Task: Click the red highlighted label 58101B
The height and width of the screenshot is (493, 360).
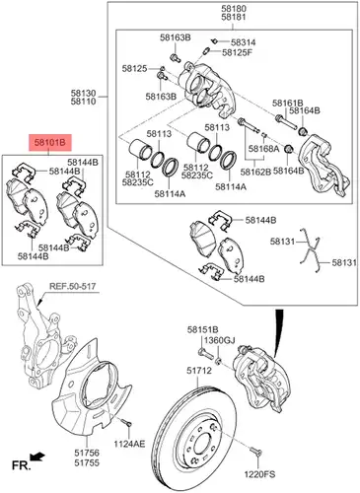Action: [x=50, y=143]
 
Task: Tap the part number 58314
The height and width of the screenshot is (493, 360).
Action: [x=243, y=42]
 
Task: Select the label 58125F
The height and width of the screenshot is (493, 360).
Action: [x=237, y=52]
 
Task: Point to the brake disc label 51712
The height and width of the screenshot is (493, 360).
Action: [x=199, y=371]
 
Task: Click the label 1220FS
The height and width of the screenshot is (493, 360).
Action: [x=259, y=474]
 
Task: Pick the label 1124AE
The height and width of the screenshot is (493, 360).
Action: [x=129, y=444]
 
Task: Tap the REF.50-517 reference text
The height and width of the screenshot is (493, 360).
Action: [x=72, y=286]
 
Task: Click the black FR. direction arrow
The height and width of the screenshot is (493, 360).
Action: [x=36, y=457]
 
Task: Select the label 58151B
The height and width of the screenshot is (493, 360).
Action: [x=203, y=329]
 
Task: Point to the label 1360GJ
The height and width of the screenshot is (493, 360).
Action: [x=219, y=340]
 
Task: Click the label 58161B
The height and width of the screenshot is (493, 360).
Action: [x=287, y=104]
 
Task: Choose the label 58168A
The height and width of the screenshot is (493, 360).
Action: [x=263, y=149]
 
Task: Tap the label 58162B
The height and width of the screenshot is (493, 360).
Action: [x=255, y=172]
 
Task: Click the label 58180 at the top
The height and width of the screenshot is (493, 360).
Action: [x=234, y=9]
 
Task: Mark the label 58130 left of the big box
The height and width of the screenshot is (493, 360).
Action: [x=83, y=93]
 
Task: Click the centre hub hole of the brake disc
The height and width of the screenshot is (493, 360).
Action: [x=200, y=445]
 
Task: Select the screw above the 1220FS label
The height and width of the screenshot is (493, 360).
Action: [x=255, y=453]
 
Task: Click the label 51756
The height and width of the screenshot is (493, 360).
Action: [x=87, y=453]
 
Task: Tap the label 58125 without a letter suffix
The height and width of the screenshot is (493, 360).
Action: [x=134, y=68]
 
